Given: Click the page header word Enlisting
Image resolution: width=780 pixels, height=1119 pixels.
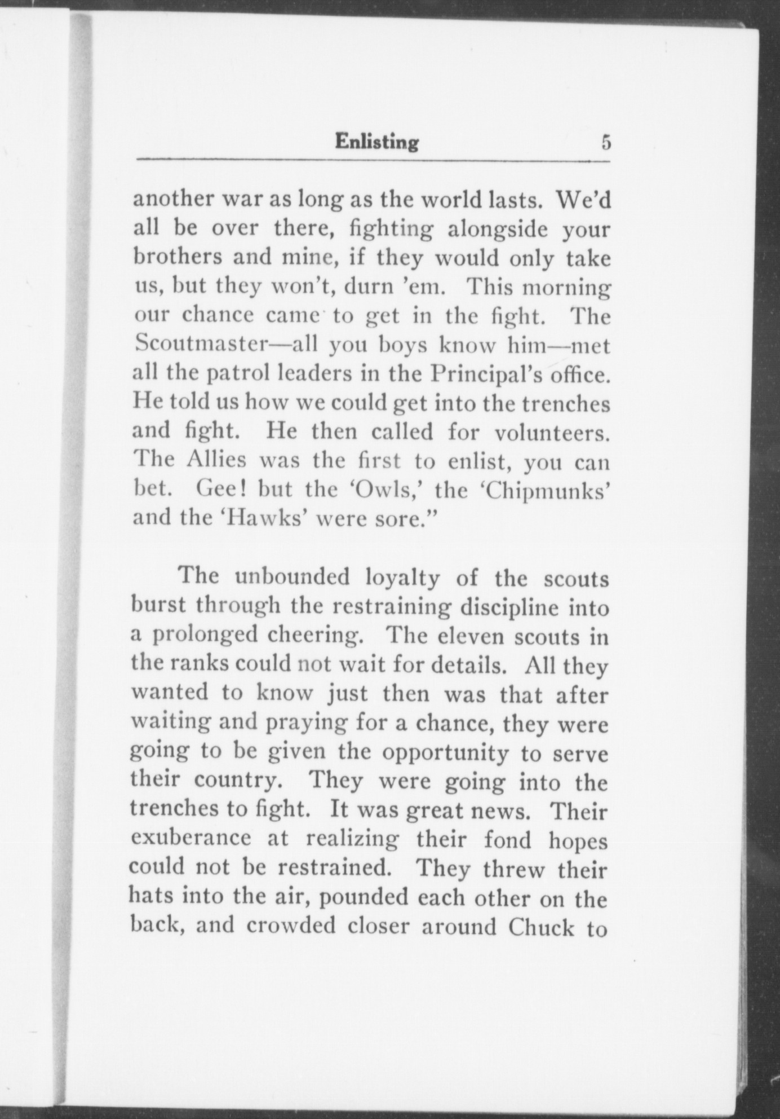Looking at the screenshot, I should (x=376, y=142).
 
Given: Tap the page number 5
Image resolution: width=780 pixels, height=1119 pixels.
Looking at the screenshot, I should (x=605, y=142).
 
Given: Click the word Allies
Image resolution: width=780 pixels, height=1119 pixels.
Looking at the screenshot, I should (x=216, y=460).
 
